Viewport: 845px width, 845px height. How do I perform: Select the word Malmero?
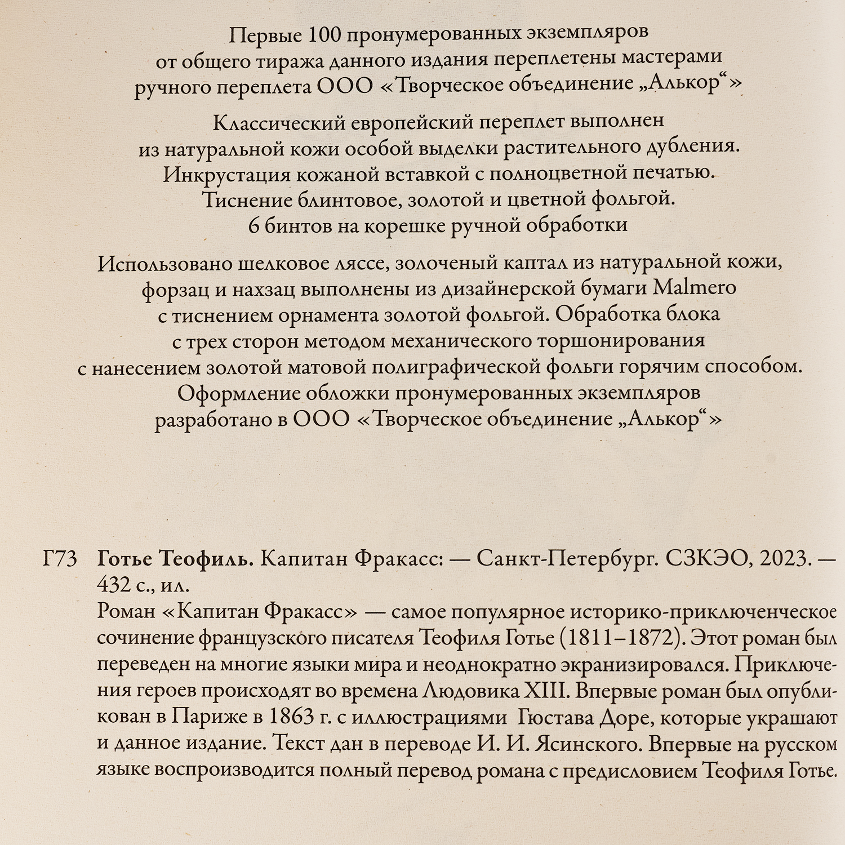coord(695,288)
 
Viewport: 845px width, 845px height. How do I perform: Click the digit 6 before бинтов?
coord(253,225)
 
